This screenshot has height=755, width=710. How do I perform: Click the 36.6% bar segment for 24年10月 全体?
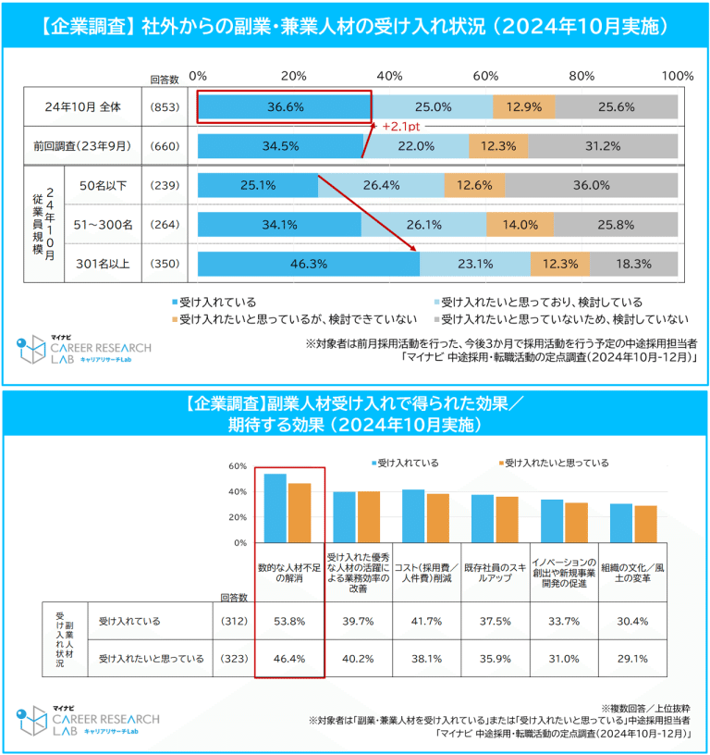coord(285,106)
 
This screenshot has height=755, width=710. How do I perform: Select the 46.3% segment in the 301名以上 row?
coord(308,264)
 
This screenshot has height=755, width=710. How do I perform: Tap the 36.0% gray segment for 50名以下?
coord(592,185)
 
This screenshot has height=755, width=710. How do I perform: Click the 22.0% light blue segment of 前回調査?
coord(416,145)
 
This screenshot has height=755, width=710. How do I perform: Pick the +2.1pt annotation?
coord(401,125)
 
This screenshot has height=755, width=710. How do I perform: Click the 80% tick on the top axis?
coord(581,75)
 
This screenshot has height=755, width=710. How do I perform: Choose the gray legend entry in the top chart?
coord(564,319)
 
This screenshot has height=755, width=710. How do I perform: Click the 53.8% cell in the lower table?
coord(289,622)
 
